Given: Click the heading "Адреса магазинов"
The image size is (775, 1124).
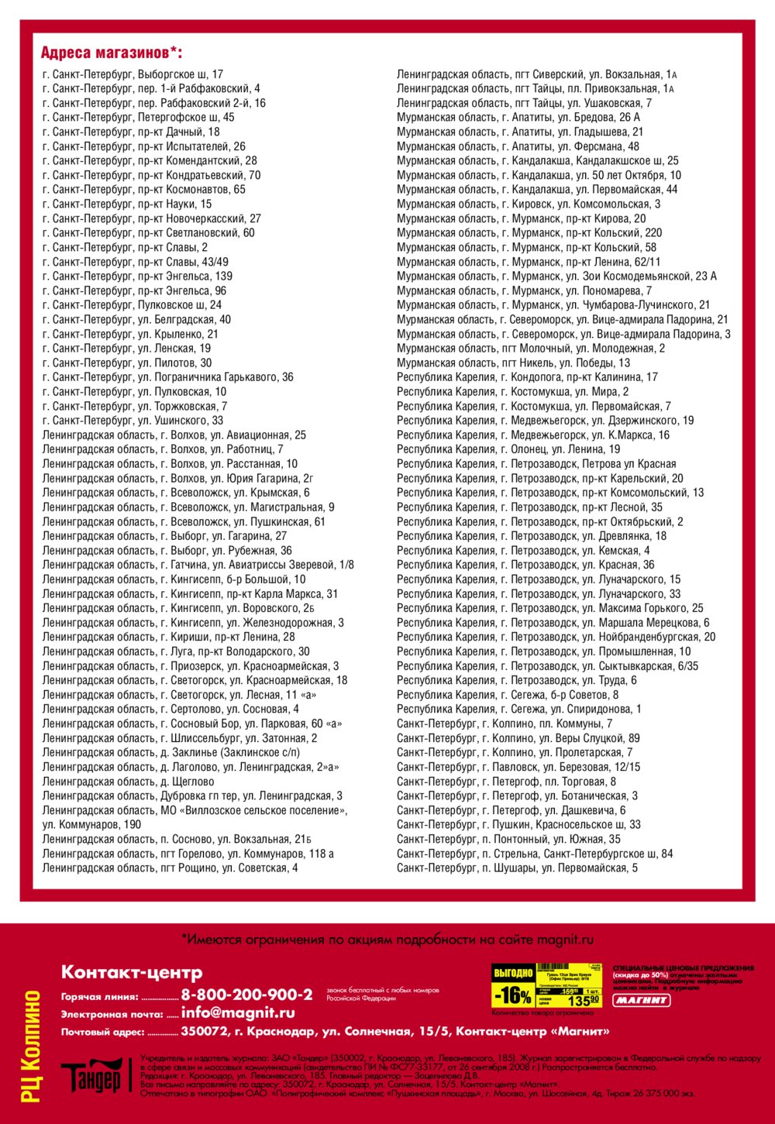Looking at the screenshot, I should tap(112, 53).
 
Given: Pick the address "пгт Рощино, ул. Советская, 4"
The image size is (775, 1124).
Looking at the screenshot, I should tap(170, 868).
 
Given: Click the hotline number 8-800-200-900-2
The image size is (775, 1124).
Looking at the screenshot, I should tap(246, 995).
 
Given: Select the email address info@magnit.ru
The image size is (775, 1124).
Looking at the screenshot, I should tap(238, 1012).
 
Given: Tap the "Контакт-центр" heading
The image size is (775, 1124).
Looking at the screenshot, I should tap(132, 972).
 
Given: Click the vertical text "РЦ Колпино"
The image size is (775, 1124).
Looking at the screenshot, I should tap(32, 1046).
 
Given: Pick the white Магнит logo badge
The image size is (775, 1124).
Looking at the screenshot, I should tap(642, 1000).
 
